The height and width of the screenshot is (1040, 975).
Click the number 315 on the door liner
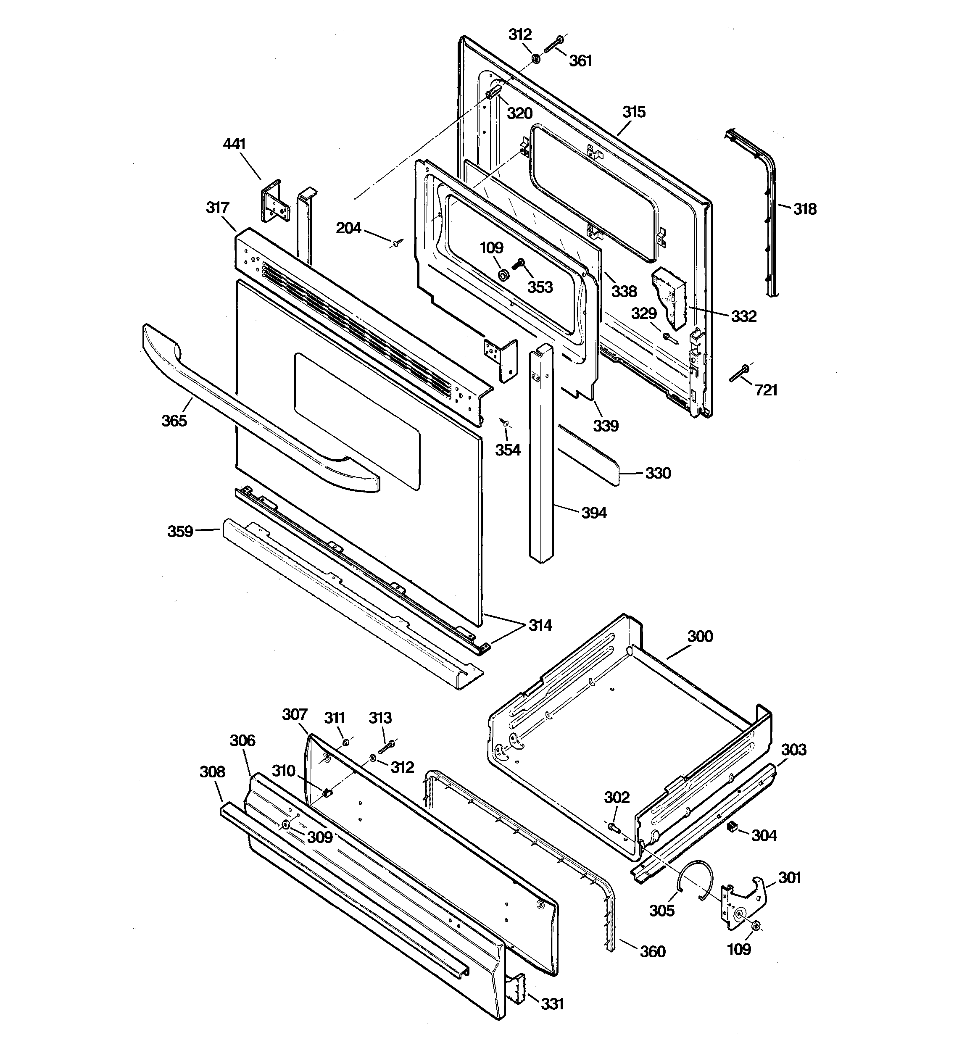[634, 112]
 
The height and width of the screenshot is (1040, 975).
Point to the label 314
[540, 625]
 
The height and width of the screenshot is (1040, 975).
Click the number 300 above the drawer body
[700, 637]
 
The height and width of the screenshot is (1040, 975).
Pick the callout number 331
[552, 1004]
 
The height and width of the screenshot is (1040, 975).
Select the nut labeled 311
[346, 741]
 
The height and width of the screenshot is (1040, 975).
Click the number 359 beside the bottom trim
[180, 532]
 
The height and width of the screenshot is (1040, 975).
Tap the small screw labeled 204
[398, 242]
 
